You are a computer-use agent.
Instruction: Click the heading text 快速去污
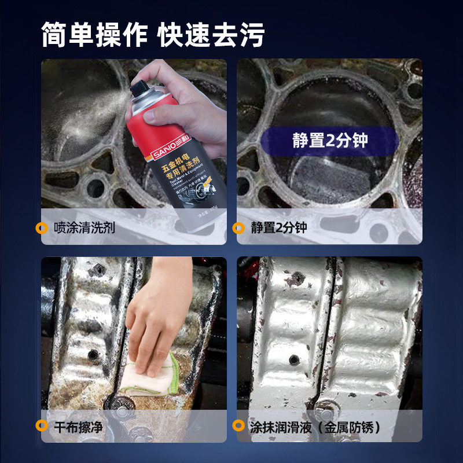(211, 36)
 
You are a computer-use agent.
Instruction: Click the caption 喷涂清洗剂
(84, 227)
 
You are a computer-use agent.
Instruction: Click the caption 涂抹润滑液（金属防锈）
(316, 427)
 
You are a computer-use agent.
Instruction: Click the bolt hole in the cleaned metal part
(294, 359)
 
